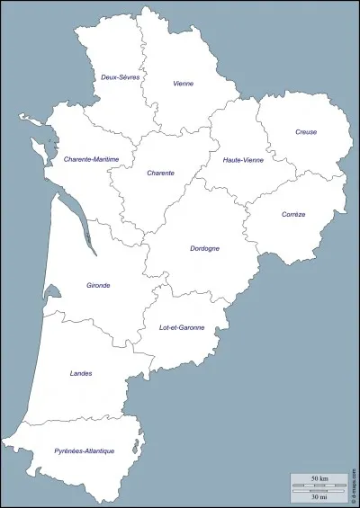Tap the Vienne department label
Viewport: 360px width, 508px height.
tap(184, 84)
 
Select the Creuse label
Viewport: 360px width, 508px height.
tap(306, 132)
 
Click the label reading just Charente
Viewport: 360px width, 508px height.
tap(160, 172)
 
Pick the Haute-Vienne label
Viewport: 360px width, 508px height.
tap(242, 159)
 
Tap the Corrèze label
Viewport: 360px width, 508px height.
tap(293, 214)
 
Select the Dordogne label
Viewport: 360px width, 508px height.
tap(205, 248)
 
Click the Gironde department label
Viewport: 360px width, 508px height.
tap(98, 285)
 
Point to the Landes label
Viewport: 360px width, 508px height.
tap(80, 373)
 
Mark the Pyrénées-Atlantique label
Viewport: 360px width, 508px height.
tap(84, 450)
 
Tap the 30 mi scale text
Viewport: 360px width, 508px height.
tap(319, 497)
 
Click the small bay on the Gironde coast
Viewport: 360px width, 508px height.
tap(50, 292)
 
